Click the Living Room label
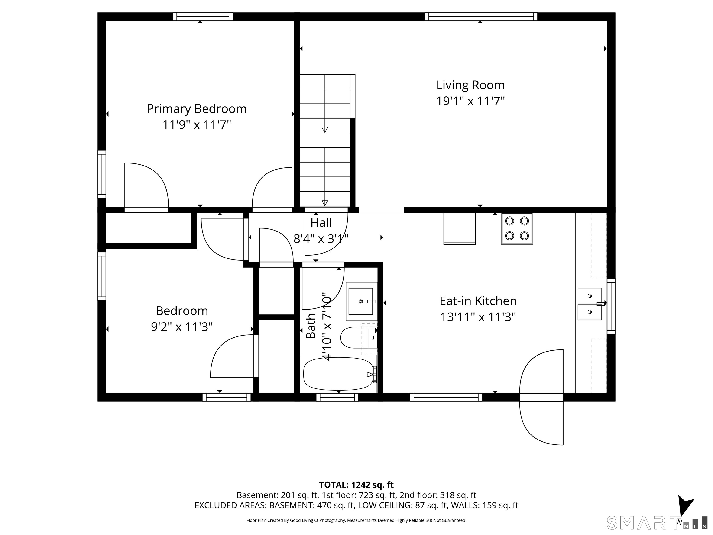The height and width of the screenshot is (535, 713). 470,85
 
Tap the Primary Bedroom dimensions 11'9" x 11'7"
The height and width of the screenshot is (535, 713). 197,124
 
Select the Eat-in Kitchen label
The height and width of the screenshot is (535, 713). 478,301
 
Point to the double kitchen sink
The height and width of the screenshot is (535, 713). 590,304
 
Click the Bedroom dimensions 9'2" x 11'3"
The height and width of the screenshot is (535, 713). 182,327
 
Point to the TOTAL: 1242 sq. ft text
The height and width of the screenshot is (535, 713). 356,485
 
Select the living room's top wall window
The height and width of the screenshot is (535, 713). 481,16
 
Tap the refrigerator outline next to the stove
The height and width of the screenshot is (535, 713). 459,228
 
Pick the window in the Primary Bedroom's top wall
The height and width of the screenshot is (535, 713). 203,16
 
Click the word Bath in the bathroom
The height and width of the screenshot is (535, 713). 310,326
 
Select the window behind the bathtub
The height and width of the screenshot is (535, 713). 337,397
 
